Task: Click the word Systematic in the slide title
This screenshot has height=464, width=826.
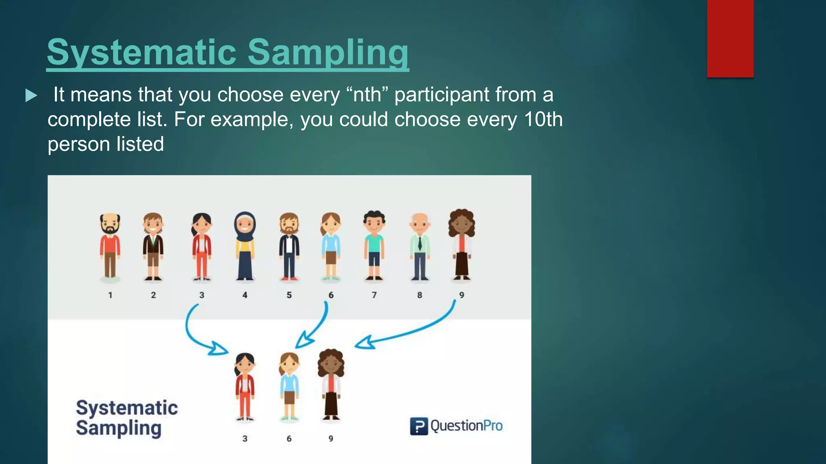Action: pos(141,52)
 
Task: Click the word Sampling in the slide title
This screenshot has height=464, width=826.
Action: pos(327,52)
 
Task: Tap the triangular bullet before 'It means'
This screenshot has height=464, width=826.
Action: pos(31,95)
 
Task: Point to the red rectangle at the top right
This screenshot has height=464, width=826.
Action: pos(730,38)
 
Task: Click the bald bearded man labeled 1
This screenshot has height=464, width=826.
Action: pos(110,246)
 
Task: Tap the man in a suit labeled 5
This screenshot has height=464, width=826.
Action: pos(289,246)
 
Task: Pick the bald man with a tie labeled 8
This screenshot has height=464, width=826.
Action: pos(419,246)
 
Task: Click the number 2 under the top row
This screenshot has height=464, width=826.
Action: pos(153,295)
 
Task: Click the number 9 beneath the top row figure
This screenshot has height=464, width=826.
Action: pos(461,295)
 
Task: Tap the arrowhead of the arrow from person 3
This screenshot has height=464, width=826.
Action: pos(218,348)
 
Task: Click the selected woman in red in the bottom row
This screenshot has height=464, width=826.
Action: pos(244,387)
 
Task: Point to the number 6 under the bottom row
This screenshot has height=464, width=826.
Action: pos(289,439)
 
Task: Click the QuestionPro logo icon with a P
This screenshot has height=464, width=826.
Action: pos(419,426)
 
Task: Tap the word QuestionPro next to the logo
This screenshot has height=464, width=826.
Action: pos(466,426)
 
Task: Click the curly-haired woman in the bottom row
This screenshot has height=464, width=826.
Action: pos(331,385)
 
